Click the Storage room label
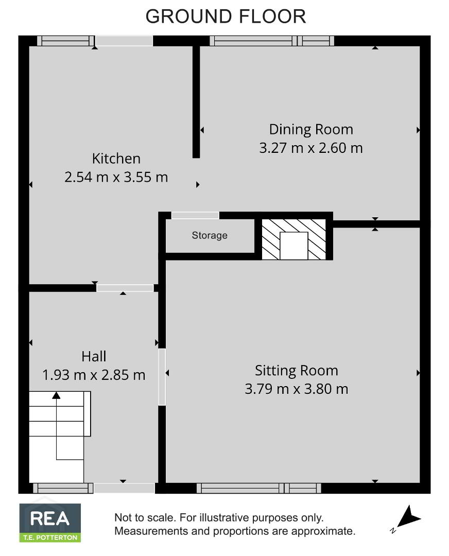pos(209,235)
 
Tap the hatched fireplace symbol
pos(293,239)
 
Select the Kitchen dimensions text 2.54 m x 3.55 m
pos(116,177)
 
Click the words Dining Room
pos(311,130)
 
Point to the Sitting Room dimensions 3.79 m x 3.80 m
pos(297,389)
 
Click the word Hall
pos(94,356)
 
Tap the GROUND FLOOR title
pos(226,16)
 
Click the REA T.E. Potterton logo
pos(50,523)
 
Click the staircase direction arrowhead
pos(56,395)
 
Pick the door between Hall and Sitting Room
pos(162,377)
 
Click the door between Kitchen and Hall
pos(125,288)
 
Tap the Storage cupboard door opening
pos(195,215)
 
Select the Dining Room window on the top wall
pos(272,41)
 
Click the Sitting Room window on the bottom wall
pos(259,488)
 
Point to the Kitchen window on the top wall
pos(66,41)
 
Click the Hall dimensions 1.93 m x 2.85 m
pos(94,375)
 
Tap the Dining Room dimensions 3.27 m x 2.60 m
pos(311,148)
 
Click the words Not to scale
pos(145,518)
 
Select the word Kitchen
pos(116,159)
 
